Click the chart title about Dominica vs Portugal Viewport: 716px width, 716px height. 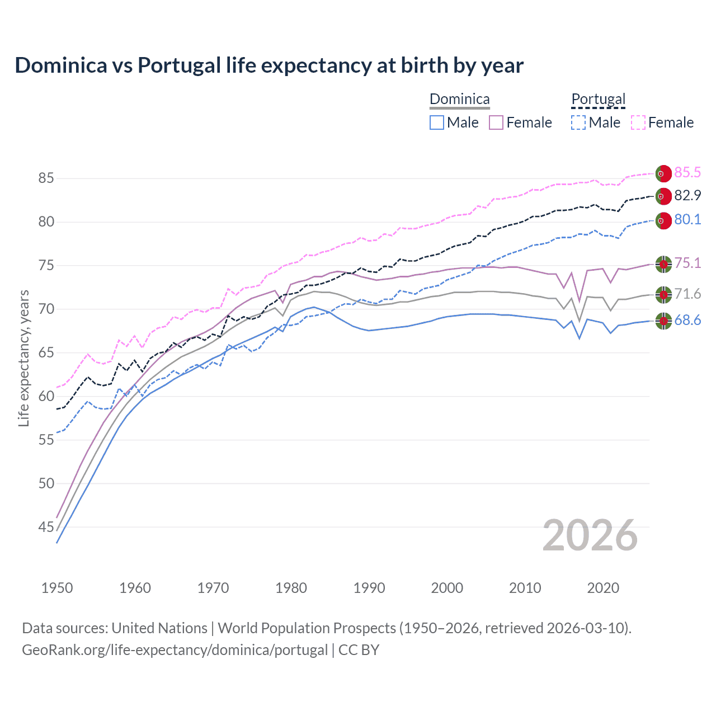(x=269, y=65)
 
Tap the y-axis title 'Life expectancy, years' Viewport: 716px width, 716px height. (x=23, y=358)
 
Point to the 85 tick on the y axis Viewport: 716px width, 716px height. (x=46, y=178)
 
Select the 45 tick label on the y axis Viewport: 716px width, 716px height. (x=46, y=527)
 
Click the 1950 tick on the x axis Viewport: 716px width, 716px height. (x=57, y=588)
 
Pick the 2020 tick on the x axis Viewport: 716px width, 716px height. (x=603, y=588)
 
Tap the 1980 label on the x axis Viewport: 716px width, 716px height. (x=291, y=588)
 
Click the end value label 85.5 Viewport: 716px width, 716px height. (x=687, y=173)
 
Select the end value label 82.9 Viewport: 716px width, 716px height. (x=687, y=196)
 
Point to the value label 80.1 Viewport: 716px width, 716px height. (x=687, y=220)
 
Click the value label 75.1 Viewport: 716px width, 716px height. (x=687, y=263)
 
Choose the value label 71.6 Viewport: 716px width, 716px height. (x=687, y=294)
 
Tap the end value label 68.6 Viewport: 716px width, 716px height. (x=687, y=321)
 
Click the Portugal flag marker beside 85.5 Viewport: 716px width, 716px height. (x=663, y=173)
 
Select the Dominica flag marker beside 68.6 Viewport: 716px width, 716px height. (x=663, y=321)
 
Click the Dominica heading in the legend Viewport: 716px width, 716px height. (x=459, y=100)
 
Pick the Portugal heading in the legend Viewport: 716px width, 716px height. (x=598, y=100)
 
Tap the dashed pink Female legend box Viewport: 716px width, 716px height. (x=638, y=123)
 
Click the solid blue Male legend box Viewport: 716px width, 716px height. (x=437, y=123)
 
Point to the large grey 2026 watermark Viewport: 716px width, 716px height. (x=590, y=535)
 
